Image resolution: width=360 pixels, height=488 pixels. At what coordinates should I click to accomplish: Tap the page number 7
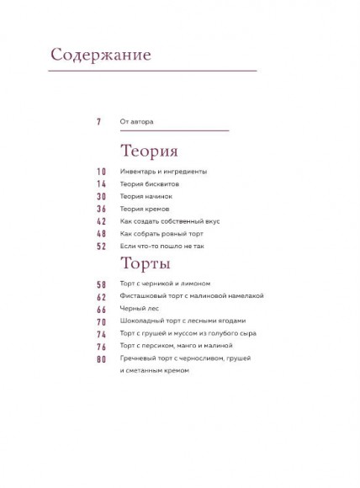(98, 122)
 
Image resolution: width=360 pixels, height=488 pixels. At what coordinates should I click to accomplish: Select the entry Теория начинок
(146, 196)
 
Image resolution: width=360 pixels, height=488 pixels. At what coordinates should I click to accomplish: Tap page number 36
(101, 209)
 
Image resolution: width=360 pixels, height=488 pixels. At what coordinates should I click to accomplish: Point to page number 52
(101, 246)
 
